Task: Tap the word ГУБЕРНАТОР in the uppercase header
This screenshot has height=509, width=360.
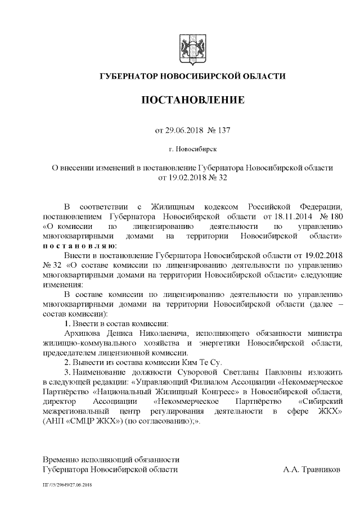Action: pos(129,76)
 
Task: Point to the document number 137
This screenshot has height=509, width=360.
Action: pos(222,130)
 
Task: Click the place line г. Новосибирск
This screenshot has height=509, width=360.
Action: pos(192,150)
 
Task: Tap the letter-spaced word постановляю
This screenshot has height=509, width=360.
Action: pos(79,246)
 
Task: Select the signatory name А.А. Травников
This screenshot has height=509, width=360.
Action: pos(312,469)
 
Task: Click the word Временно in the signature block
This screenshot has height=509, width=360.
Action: pos(64,459)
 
